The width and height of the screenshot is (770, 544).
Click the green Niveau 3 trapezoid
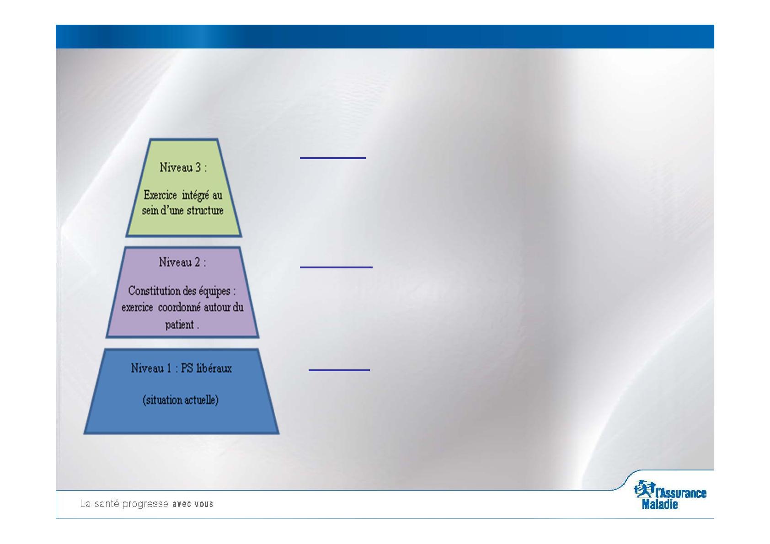[183, 188]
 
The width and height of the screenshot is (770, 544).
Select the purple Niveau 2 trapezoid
[182, 293]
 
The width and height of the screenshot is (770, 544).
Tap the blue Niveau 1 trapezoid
[182, 391]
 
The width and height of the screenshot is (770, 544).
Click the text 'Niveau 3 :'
[183, 167]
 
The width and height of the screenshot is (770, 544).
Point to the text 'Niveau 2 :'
[182, 262]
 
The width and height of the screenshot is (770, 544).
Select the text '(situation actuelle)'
[181, 400]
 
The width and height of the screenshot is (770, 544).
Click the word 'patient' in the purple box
[179, 325]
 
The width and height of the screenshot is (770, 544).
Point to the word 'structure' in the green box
[207, 210]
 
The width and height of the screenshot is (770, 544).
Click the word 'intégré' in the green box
[195, 196]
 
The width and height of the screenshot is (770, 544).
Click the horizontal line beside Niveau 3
[332, 158]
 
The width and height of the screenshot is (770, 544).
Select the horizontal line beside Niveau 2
[336, 267]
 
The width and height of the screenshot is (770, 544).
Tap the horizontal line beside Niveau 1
[339, 370]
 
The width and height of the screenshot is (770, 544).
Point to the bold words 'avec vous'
[192, 504]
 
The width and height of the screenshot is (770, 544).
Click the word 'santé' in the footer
[107, 504]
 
